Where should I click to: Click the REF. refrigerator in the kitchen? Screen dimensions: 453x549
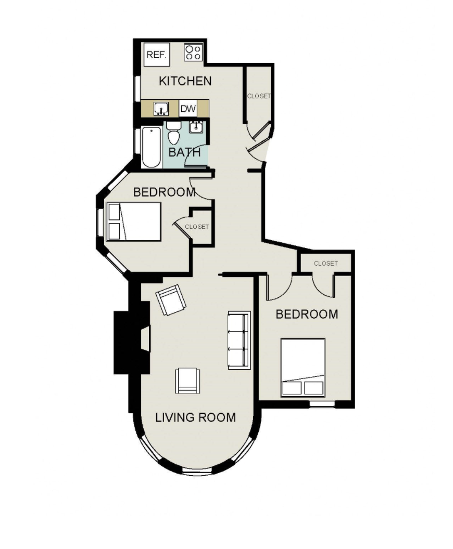coord(157,54)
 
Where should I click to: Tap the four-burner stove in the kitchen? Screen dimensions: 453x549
coord(194,53)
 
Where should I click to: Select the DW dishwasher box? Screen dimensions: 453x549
coord(188,109)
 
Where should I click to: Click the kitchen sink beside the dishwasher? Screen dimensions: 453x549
coord(161,109)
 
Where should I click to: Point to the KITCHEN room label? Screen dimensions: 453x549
coord(185,81)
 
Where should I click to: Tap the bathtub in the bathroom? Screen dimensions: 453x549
coord(152,148)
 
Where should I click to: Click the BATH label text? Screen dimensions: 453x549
coord(184,152)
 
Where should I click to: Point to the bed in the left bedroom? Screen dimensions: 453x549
coord(134,221)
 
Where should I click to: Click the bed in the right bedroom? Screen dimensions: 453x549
coord(303,367)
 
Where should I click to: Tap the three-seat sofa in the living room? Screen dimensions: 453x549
coord(240,340)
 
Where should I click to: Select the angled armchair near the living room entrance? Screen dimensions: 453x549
coord(171,299)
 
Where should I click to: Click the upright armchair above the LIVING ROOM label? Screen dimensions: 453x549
coord(188,381)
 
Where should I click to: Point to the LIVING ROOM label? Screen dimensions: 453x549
coord(196,417)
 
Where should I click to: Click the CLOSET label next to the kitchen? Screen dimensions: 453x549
coord(259,96)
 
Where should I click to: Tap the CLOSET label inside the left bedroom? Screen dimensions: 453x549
coord(197,227)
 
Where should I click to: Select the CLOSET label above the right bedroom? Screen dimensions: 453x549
coord(326,263)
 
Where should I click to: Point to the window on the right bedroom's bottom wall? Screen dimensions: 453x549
coord(322,404)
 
